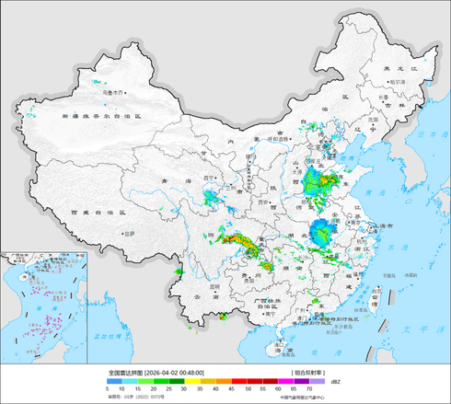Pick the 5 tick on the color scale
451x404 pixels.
pos(109,390)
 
